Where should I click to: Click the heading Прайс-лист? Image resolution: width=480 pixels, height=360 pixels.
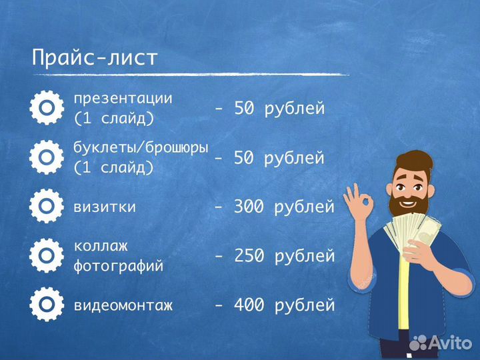pyautogui.click(x=95, y=57)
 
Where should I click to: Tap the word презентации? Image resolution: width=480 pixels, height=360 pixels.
pyautogui.click(x=123, y=98)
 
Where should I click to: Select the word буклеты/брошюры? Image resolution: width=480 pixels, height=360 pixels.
pyautogui.click(x=141, y=147)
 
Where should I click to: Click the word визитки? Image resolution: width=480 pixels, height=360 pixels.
pyautogui.click(x=105, y=207)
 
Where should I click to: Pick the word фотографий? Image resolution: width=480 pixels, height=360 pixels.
pyautogui.click(x=119, y=267)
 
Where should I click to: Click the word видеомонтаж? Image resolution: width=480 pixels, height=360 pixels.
pyautogui.click(x=123, y=306)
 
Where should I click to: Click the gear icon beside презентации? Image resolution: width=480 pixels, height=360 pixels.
pyautogui.click(x=47, y=108)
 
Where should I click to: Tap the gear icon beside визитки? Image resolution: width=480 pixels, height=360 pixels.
pyautogui.click(x=47, y=206)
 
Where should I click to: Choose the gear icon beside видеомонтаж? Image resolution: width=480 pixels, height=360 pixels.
pyautogui.click(x=47, y=305)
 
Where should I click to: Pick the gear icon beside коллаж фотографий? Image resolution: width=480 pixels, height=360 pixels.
pyautogui.click(x=47, y=255)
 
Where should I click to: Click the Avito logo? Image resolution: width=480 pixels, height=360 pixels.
pyautogui.click(x=443, y=343)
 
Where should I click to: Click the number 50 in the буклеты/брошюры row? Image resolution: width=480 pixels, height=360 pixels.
pyautogui.click(x=244, y=158)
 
